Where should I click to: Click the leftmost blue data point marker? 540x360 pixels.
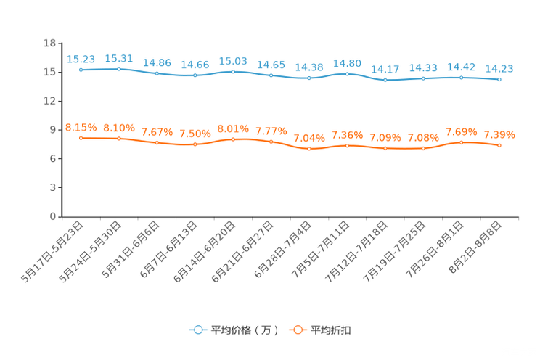point(81,70)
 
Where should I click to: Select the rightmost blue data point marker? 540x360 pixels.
point(499,79)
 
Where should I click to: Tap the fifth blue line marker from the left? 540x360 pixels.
point(233,71)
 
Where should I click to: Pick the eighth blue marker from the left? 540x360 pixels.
point(348,73)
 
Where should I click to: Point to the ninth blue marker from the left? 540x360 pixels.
point(385,79)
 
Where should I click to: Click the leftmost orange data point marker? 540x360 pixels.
point(81,138)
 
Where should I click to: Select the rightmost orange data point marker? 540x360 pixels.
point(499,145)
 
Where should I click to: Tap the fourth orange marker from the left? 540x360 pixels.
point(195,144)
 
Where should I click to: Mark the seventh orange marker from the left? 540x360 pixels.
point(309,149)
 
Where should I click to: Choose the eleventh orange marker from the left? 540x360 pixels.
point(461,142)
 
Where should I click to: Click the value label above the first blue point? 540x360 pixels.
point(81,59)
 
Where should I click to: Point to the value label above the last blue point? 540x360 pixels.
point(499,68)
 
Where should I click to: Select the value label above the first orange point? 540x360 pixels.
point(81,127)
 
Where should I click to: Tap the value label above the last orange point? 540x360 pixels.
point(499,134)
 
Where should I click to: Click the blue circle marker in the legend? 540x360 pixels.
point(197,330)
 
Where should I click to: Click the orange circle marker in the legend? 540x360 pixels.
point(297,330)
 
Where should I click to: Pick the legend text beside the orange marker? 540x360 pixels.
point(332,330)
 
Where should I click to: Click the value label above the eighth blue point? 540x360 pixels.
point(348,62)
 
